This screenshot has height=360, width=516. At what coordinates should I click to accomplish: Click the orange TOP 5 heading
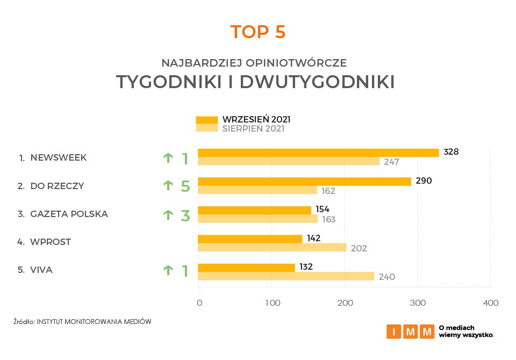(x=258, y=32)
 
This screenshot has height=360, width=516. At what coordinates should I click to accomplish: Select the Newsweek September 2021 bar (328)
(x=318, y=153)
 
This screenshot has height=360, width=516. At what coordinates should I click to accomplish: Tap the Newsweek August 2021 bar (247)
(x=289, y=161)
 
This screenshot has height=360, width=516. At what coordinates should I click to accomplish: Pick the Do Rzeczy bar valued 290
(x=304, y=181)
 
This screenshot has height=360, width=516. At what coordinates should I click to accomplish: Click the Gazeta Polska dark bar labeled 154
(x=255, y=210)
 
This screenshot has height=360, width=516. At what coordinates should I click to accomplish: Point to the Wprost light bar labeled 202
(x=272, y=247)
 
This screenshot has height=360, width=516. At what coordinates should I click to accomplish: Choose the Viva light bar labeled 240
(x=286, y=276)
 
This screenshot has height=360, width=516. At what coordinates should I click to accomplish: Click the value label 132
(x=306, y=267)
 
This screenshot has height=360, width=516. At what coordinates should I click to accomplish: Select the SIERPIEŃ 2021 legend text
(x=253, y=129)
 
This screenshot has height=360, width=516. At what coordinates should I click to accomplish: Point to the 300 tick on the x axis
(x=418, y=303)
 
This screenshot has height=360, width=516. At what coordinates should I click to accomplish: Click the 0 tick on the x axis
(x=199, y=303)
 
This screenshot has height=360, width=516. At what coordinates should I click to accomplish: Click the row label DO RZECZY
(x=57, y=186)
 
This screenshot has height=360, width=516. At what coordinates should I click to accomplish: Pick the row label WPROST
(x=51, y=242)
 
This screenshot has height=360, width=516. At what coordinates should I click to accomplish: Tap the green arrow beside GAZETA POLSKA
(x=168, y=214)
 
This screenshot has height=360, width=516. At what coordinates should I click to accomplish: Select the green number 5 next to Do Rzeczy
(x=185, y=186)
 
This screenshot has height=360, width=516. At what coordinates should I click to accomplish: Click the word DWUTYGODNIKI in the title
(x=317, y=82)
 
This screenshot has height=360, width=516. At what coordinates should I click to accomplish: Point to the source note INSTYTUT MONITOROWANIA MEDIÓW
(x=94, y=322)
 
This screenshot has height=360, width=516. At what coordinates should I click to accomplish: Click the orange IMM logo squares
(x=410, y=332)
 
